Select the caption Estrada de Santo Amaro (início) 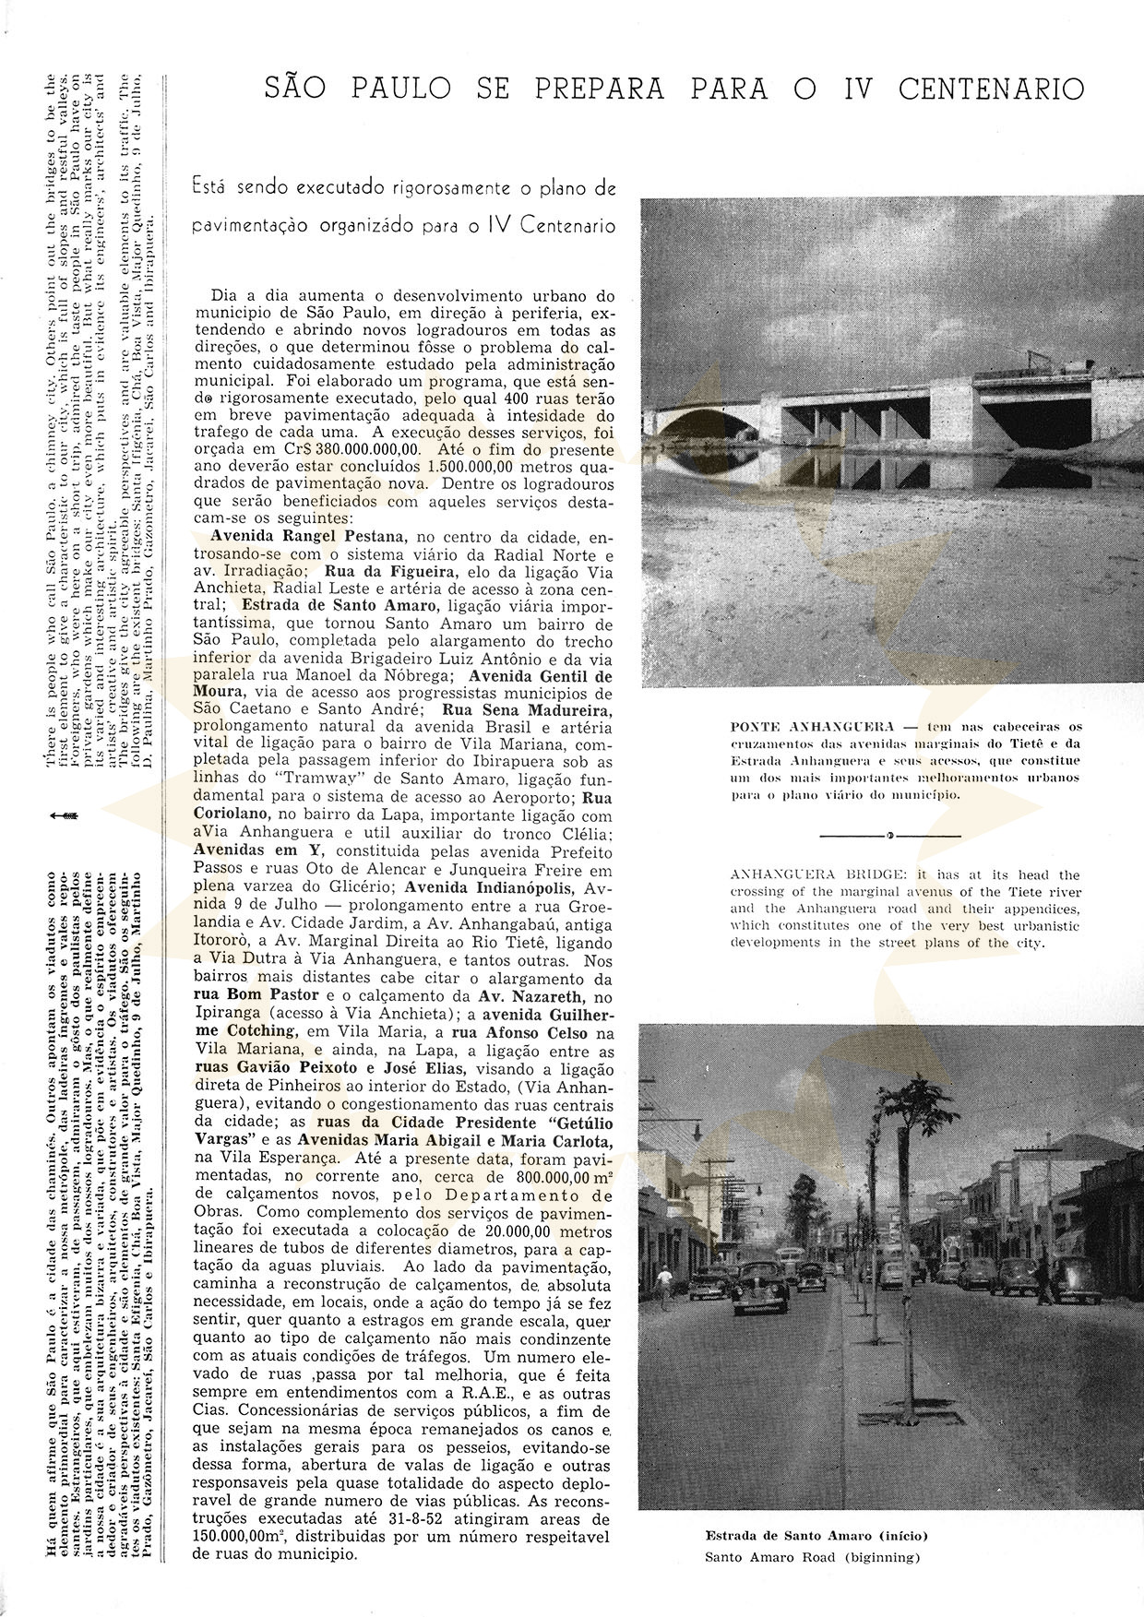tap(816, 1535)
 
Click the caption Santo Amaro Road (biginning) tap(813, 1557)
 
